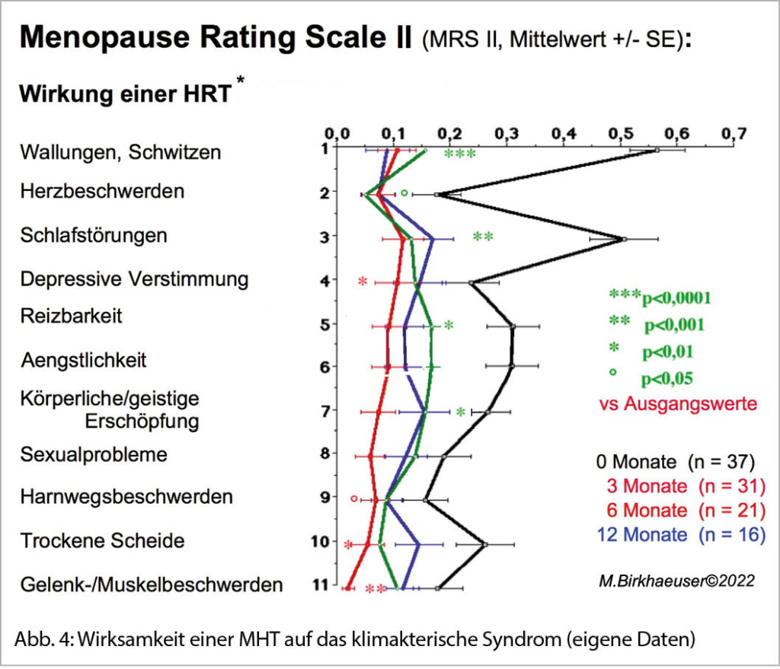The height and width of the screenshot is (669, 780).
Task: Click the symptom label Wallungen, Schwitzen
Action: click(x=120, y=152)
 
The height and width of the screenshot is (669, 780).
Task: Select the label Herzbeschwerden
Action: click(x=102, y=191)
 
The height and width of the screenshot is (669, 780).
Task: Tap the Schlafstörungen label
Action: click(x=94, y=235)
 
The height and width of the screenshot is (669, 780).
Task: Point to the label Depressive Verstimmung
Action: click(x=134, y=279)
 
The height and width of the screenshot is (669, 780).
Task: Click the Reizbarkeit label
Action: click(x=72, y=315)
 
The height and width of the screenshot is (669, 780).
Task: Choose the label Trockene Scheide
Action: click(x=102, y=541)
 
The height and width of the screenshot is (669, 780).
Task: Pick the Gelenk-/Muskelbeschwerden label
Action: click(x=152, y=585)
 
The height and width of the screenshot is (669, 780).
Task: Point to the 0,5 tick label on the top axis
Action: click(x=620, y=134)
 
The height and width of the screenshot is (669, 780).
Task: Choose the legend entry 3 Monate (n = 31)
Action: click(x=686, y=486)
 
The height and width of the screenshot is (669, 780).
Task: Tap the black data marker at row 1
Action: click(x=657, y=151)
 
